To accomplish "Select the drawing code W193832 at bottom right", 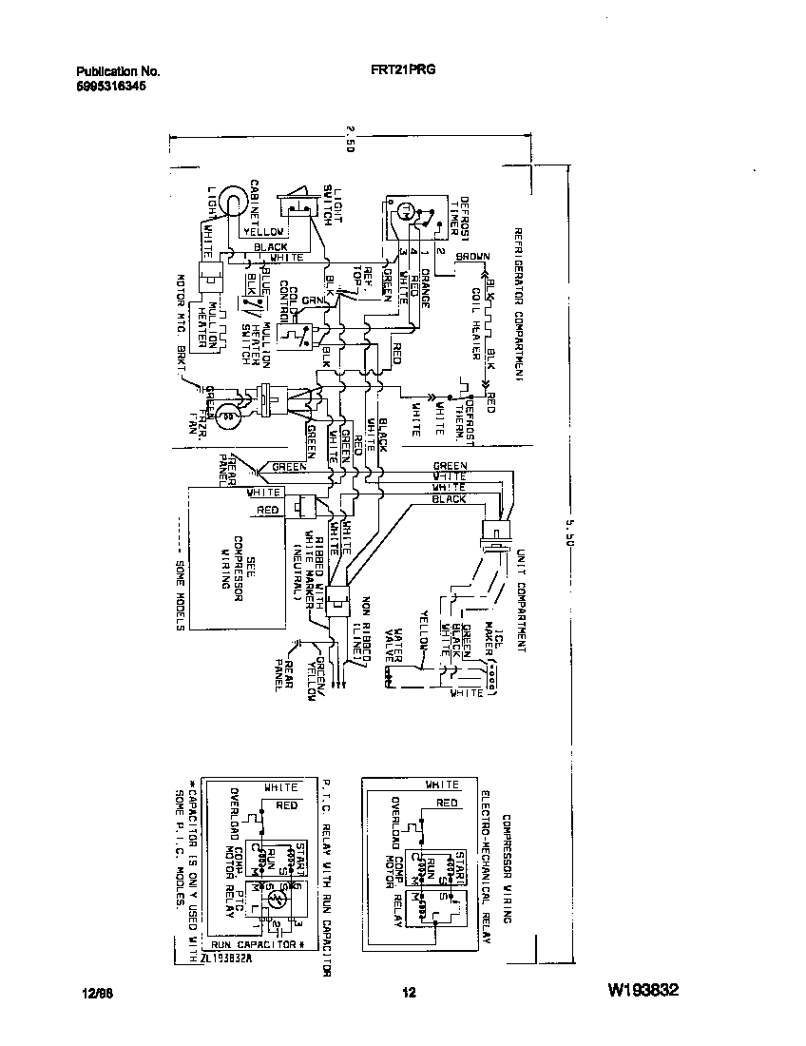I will [642, 991].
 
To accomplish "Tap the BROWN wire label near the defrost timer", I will [472, 257].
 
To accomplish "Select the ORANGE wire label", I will [425, 288].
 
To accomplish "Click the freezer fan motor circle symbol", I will [226, 415].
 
